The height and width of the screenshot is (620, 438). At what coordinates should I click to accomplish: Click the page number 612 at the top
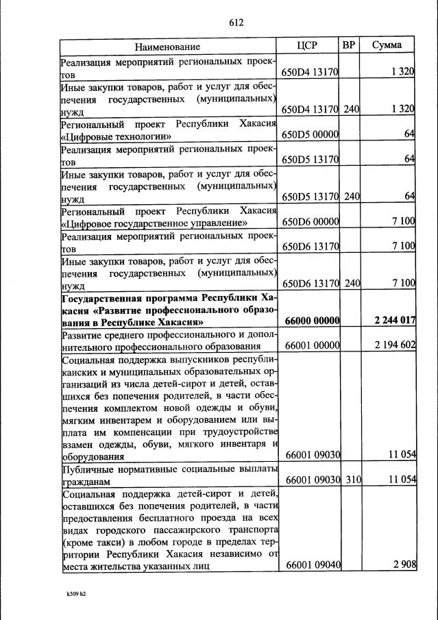click(x=236, y=22)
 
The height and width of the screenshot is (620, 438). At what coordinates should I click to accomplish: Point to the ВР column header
click(x=349, y=46)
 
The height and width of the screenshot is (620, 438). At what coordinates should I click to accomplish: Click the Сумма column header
click(x=387, y=46)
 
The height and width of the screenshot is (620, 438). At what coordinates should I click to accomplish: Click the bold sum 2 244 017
click(x=395, y=321)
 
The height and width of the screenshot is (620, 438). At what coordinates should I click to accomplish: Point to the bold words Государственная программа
click(x=128, y=298)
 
